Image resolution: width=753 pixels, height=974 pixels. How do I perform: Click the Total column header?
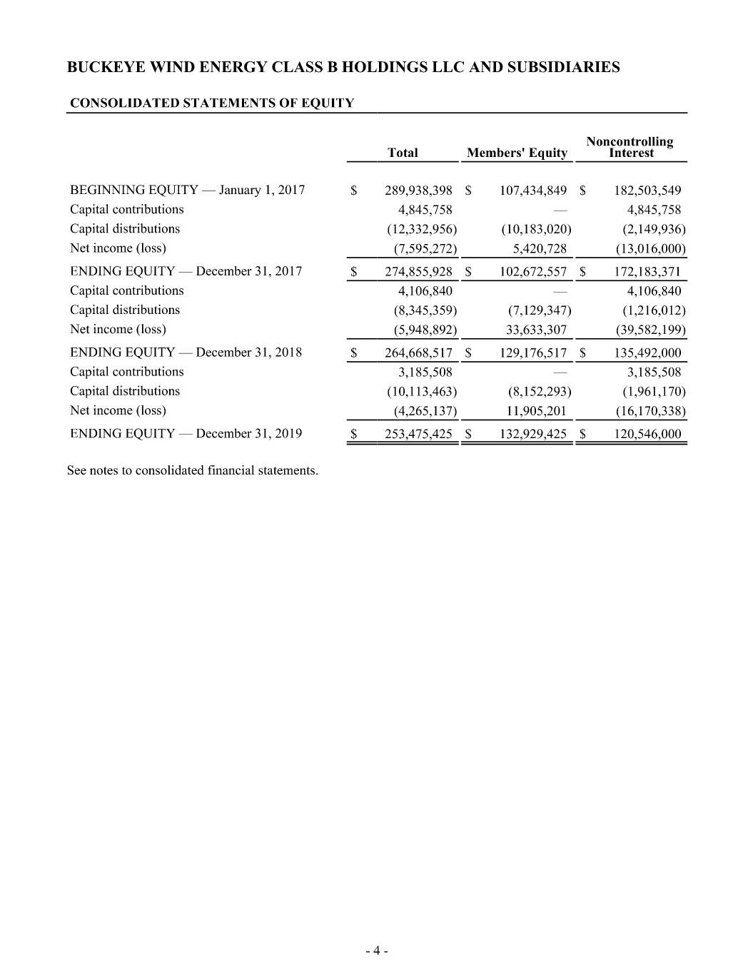pos(403,153)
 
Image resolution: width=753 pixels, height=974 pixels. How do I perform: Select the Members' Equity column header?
pos(517,153)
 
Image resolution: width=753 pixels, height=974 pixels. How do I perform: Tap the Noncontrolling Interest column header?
pos(630,147)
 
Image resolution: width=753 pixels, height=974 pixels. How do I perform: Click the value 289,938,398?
pos(418,191)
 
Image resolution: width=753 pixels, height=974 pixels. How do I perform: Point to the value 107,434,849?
pos(533,191)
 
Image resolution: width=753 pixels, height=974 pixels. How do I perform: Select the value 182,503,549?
pos(647,191)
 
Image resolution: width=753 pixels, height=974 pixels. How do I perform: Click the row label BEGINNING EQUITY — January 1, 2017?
pos(187,190)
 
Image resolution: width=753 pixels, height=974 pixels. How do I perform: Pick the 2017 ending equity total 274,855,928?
pos(418,272)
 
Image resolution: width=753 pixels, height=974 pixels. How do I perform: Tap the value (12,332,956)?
pos(422,229)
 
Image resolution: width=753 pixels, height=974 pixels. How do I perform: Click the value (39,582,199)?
pos(650,330)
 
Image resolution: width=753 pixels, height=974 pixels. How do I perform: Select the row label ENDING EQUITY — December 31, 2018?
pos(186,352)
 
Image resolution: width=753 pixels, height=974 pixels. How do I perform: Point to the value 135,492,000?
pos(647,353)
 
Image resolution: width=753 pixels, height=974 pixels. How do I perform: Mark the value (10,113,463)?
pos(422,392)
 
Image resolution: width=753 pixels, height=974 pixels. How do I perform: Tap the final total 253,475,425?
pos(418,434)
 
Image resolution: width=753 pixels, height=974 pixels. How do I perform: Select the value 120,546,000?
pos(647,434)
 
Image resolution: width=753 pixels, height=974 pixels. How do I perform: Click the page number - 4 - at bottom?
pos(376,950)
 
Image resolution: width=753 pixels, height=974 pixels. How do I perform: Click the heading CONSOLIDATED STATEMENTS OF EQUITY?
pos(212,103)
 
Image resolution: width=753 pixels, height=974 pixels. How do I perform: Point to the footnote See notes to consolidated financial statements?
pos(193,471)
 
